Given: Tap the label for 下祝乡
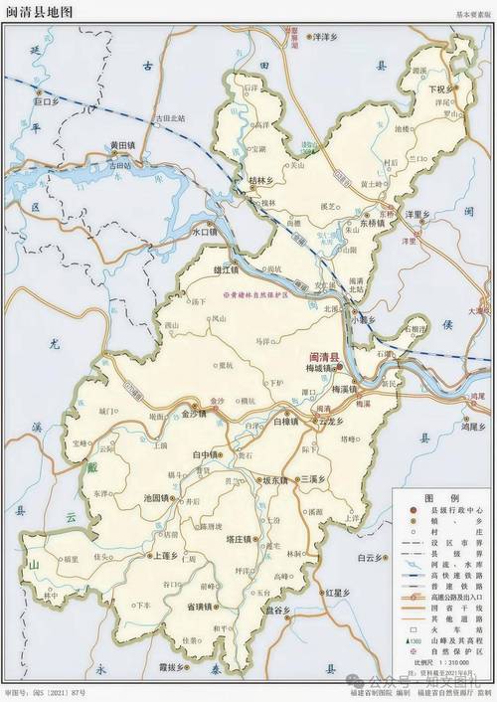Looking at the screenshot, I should pos(440,88).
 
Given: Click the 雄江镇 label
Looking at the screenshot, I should pos(227,270).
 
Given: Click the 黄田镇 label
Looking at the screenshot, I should pos(127,145).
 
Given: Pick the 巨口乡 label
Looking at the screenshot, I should pos(47,101).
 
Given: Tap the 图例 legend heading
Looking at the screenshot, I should pos(433,497).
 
